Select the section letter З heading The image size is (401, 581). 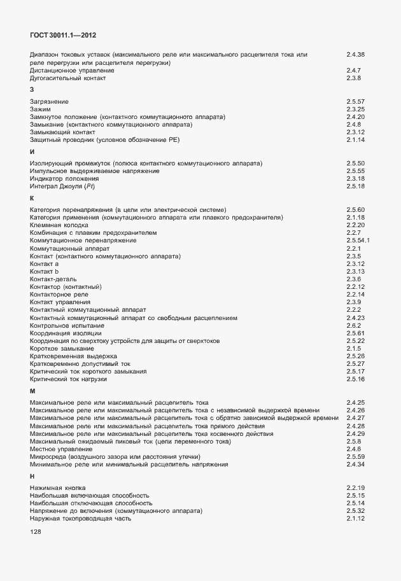point(32,90)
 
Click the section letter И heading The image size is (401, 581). point(32,151)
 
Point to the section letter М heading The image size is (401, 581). point(32,391)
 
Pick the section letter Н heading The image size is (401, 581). point(32,476)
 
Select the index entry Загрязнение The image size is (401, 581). point(50,102)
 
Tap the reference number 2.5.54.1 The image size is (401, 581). point(358,241)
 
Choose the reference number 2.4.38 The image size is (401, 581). point(355,55)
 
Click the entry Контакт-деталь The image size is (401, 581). point(53,279)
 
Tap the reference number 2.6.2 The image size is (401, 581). point(354,325)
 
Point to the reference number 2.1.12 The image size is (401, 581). point(355,519)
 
